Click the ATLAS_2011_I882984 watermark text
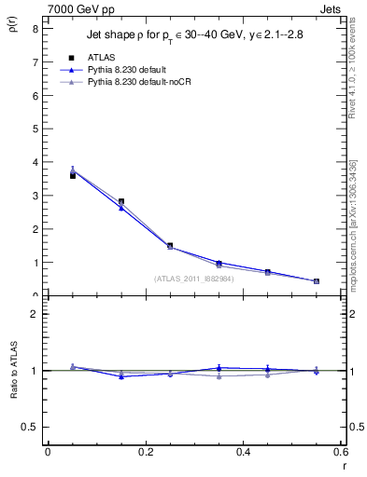point(193,278)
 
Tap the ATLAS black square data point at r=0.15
point(121,201)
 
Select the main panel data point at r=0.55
point(317,280)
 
